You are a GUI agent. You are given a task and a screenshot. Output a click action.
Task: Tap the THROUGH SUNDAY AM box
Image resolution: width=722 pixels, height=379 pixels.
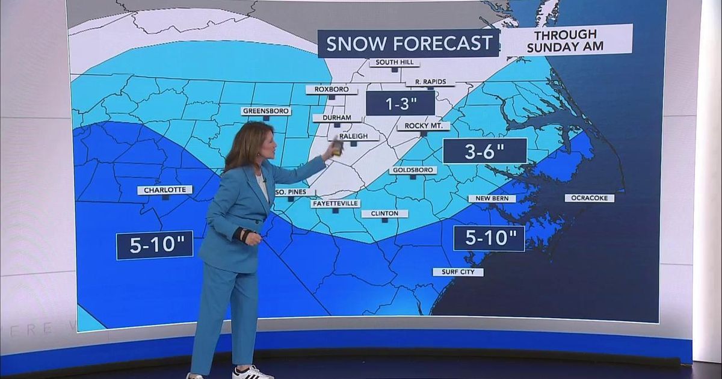click(566, 40)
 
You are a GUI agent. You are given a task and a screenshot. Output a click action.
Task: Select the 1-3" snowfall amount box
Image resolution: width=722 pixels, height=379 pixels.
click(400, 103)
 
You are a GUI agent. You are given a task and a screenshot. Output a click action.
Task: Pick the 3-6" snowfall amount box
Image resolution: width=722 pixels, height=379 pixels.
click(484, 151)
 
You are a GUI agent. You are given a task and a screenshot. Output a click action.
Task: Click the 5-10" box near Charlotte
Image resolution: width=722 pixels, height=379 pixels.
click(155, 244)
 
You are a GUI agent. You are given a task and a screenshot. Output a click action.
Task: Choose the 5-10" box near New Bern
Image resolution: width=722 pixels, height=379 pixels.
click(489, 238)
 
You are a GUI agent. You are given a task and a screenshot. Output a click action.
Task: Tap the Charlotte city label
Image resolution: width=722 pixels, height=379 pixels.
click(165, 190)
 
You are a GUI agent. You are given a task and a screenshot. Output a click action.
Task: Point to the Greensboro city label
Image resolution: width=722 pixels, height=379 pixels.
click(266, 111)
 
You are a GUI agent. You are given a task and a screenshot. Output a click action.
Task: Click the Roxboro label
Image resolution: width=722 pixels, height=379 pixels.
click(332, 90)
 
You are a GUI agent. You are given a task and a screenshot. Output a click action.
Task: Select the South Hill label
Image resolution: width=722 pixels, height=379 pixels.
click(394, 63)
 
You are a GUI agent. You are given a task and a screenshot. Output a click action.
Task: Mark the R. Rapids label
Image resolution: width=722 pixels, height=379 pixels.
click(430, 82)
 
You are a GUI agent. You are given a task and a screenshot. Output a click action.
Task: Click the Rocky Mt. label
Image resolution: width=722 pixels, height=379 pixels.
click(424, 126)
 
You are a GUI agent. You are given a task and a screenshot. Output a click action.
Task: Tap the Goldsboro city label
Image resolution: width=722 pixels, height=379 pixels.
click(413, 170)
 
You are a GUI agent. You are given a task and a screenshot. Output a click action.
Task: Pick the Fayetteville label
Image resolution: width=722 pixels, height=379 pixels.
click(336, 203)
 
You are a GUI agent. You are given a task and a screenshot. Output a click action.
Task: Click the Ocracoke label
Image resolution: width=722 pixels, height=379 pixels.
click(589, 198)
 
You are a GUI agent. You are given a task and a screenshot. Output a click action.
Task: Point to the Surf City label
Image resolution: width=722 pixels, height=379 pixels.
click(458, 272)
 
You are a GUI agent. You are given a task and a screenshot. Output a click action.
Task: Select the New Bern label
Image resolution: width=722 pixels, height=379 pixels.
click(492, 199)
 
